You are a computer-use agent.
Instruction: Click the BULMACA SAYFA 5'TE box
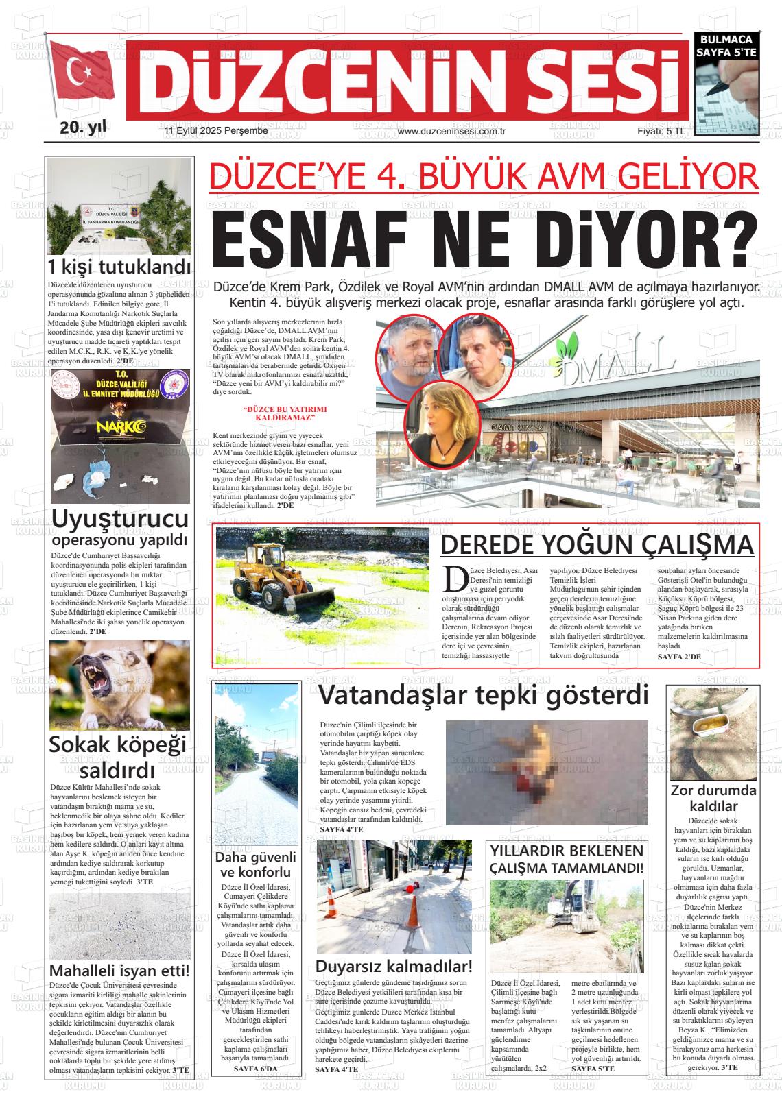point(726,47)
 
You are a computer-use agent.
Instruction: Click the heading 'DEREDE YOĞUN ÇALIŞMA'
point(597,545)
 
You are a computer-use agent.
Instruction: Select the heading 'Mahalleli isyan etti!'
point(119,971)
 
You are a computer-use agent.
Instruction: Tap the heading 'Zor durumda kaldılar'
point(713,798)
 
